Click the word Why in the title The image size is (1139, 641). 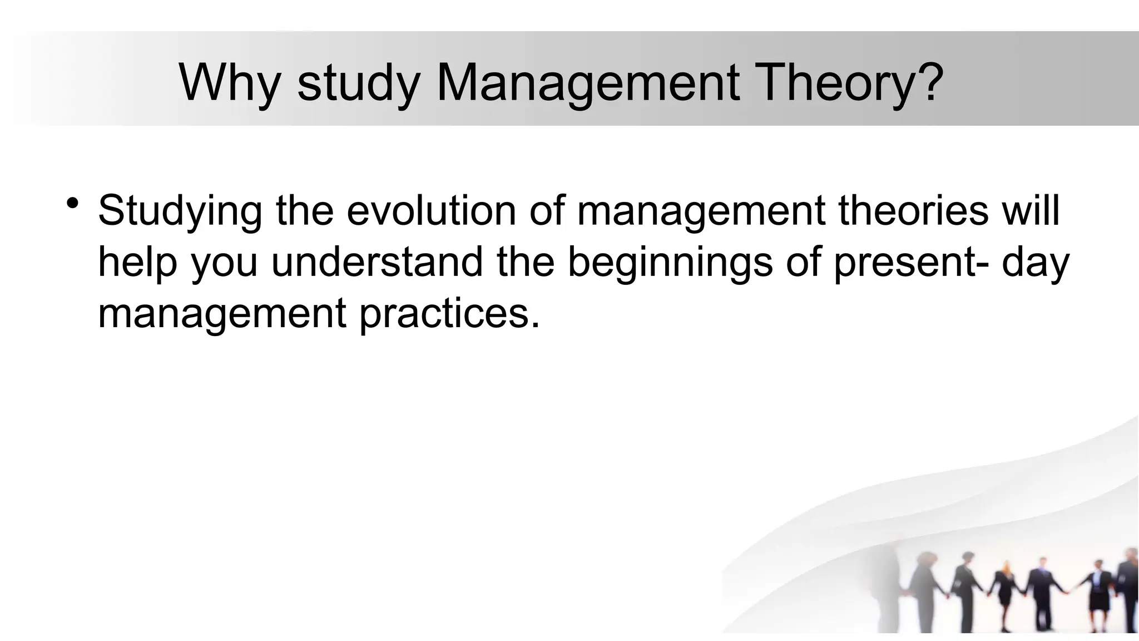pos(230,83)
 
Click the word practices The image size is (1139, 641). pos(449,315)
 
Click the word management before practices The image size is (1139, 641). pos(222,315)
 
